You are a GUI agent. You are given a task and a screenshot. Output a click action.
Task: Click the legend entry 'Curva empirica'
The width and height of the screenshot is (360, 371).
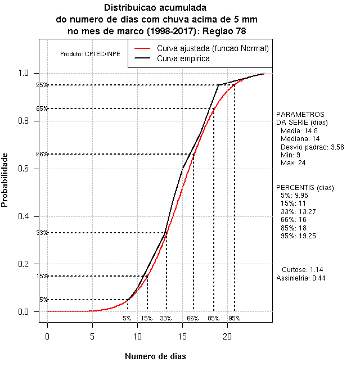(183, 58)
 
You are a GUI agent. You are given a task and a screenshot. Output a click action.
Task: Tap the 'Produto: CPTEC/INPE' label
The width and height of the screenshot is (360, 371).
(90, 54)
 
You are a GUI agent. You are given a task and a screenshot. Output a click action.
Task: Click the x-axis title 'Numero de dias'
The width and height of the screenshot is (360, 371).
(155, 356)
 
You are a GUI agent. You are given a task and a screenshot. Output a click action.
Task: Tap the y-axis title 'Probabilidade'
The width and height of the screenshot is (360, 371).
(5, 179)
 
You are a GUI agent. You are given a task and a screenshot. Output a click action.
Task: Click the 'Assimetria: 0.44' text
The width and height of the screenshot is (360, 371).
(301, 278)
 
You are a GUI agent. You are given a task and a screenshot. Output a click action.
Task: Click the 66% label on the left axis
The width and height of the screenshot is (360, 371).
(42, 154)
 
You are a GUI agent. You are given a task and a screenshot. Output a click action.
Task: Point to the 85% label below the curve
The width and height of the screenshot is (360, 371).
(213, 318)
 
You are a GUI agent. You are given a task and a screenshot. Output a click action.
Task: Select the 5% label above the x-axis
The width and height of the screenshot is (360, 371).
(127, 318)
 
